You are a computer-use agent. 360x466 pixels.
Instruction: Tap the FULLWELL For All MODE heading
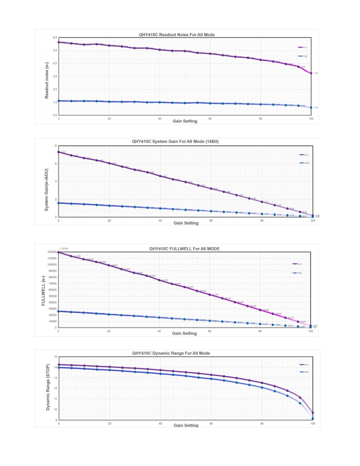184,249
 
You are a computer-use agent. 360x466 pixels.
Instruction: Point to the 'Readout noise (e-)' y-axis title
47,76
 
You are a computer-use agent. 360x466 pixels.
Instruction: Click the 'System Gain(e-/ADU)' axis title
47,183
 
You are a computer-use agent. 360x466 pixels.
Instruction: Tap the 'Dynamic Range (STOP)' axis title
48,387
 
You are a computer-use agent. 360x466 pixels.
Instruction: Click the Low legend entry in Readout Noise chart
303,47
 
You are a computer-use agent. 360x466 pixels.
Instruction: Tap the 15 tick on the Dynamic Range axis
55,357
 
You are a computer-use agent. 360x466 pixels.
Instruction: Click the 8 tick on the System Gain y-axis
56,146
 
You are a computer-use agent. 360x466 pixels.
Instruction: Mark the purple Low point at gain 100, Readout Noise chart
311,73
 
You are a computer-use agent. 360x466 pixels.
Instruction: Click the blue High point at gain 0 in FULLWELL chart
58,312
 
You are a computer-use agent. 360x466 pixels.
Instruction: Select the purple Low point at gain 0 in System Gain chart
58,152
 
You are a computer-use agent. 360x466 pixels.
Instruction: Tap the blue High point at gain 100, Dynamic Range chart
313,418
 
